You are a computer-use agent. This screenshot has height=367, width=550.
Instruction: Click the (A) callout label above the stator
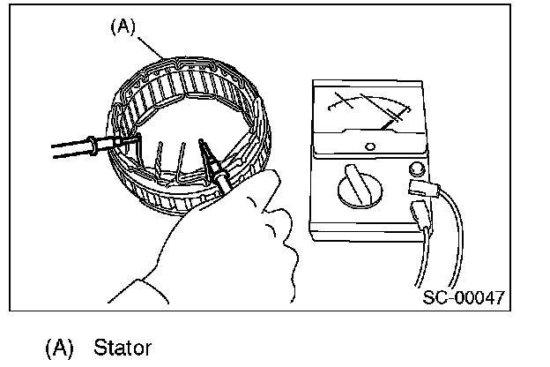pyautogui.click(x=122, y=27)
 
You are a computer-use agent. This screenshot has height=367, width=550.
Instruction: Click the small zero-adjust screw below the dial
pyautogui.click(x=371, y=146)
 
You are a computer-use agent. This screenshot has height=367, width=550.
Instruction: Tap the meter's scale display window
pyautogui.click(x=366, y=111)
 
